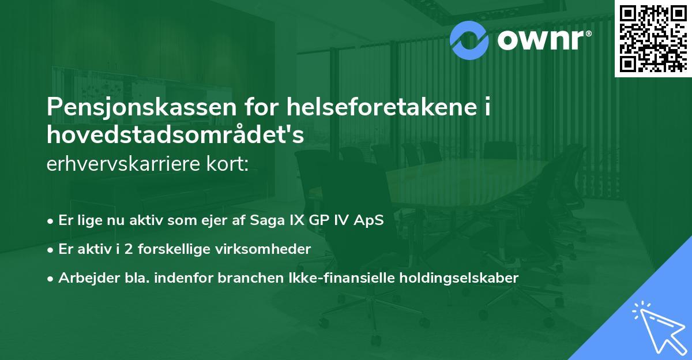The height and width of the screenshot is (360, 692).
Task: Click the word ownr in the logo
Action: pyautogui.click(x=542, y=40)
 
